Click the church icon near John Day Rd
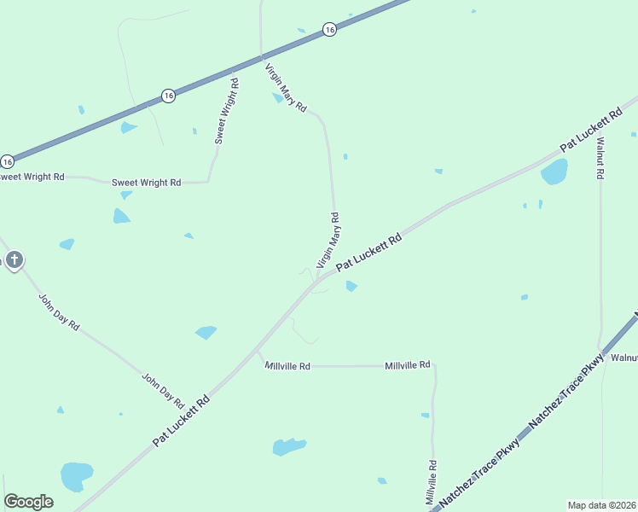[14, 259]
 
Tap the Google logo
[28, 502]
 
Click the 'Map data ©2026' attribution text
[601, 505]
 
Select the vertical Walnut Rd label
[600, 158]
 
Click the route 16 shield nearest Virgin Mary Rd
[329, 30]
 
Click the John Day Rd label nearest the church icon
[59, 313]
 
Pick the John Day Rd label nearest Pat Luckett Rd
[163, 389]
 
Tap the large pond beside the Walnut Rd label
[554, 172]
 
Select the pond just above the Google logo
[76, 474]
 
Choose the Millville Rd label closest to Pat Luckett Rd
[287, 366]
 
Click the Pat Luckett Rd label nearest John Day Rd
[182, 421]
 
